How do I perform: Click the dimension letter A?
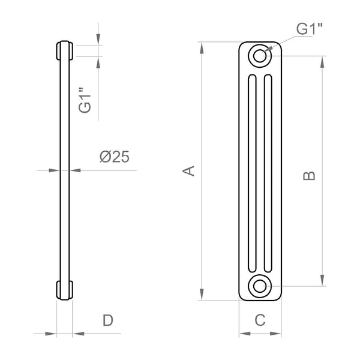[189, 170]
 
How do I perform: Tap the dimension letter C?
[260, 320]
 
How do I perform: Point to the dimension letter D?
[107, 320]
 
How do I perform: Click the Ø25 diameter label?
[114, 157]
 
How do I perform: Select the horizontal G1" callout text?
[308, 29]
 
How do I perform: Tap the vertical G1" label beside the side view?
[85, 100]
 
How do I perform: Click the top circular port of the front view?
[260, 56]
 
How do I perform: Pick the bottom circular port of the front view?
[260, 285]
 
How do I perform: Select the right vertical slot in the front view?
[268, 175]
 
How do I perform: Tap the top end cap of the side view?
[64, 50]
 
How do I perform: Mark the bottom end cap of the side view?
[64, 290]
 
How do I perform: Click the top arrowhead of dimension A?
[203, 46]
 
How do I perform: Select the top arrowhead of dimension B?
[323, 61]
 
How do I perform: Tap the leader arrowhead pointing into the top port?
[268, 51]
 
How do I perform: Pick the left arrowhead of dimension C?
[242, 334]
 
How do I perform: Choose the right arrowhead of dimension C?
[277, 334]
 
